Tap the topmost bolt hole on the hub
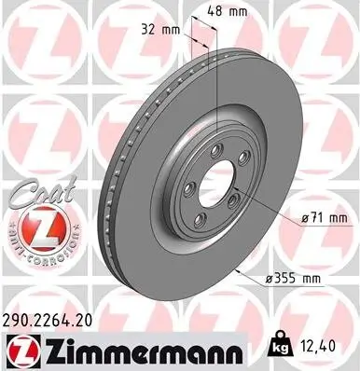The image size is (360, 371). point(218,152)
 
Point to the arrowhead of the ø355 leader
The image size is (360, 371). point(240,270)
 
